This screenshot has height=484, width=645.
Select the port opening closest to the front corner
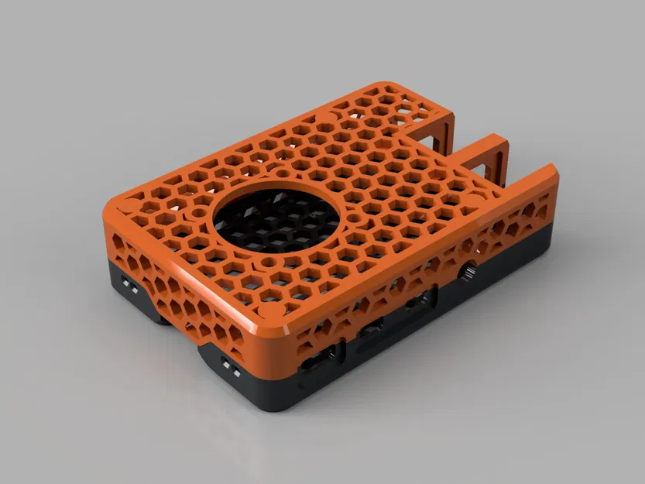(320, 359)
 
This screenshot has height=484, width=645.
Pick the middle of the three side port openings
(374, 330)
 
